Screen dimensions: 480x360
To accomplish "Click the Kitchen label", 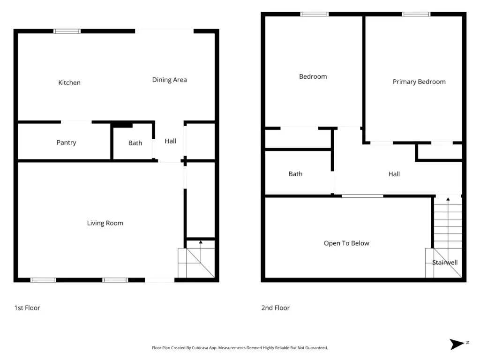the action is click(x=69, y=82).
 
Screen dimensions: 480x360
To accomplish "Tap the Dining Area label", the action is click(x=169, y=80).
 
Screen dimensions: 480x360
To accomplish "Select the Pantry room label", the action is click(x=67, y=142).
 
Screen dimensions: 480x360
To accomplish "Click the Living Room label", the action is click(x=105, y=223).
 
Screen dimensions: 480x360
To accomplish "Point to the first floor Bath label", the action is click(x=135, y=143).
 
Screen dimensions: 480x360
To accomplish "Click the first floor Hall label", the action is click(x=171, y=141).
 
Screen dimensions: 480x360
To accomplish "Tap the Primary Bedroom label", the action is click(x=419, y=82).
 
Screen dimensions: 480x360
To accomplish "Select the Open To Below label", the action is click(x=346, y=243).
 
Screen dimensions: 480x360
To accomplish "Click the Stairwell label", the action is click(x=445, y=262).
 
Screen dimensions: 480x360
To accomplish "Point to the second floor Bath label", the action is click(x=295, y=174).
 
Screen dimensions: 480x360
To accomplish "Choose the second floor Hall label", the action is click(x=394, y=174).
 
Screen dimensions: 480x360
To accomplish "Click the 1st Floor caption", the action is click(x=27, y=308).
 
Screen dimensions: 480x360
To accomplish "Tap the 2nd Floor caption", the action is click(x=276, y=308).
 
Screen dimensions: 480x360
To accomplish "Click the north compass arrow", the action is click(x=457, y=344).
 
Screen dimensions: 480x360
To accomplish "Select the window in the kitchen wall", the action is click(x=67, y=31).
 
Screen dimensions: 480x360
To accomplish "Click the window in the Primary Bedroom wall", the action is click(x=416, y=14).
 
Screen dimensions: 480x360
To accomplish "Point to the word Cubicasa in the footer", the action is click(x=201, y=348).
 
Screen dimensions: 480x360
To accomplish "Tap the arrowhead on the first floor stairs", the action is click(x=201, y=242).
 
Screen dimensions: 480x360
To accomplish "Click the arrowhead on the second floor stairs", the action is click(x=448, y=199).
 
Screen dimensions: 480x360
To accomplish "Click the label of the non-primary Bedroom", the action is click(x=313, y=76).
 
